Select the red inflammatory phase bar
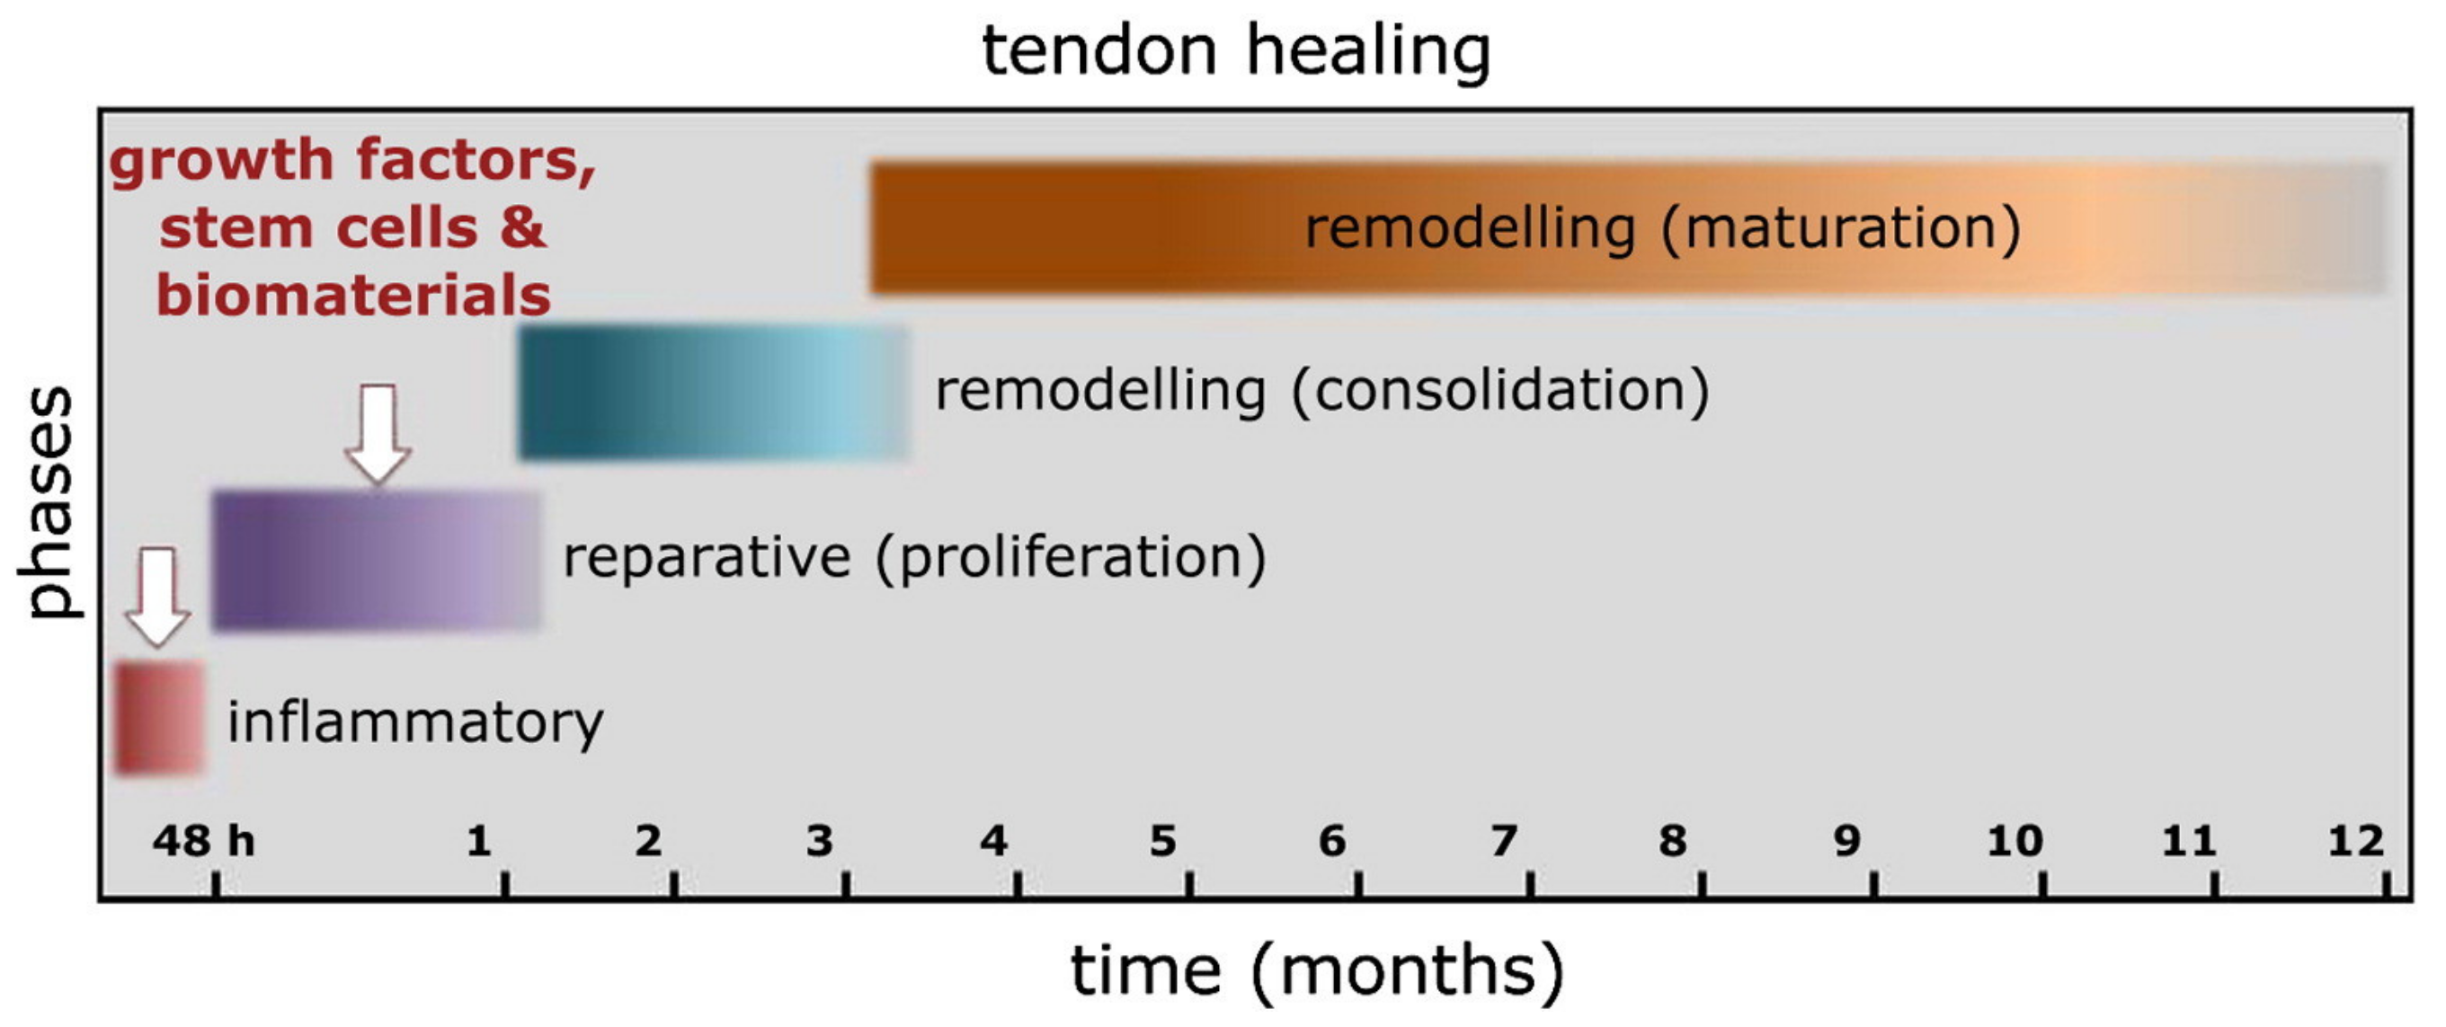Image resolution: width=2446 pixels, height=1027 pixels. tap(159, 718)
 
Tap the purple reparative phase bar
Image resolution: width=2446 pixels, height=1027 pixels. tap(376, 560)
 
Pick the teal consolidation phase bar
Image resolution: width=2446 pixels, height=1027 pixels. tap(712, 392)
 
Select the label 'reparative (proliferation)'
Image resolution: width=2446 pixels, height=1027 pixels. tap(914, 556)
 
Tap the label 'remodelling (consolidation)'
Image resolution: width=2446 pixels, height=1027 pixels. tap(1321, 390)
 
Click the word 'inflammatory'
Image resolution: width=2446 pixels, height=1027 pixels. tap(415, 722)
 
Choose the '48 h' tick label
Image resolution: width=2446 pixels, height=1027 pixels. tap(203, 841)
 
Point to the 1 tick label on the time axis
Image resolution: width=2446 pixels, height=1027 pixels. tap(478, 841)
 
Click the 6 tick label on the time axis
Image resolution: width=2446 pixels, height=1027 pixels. tap(1332, 841)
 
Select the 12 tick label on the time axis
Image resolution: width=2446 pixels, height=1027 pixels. tap(2356, 841)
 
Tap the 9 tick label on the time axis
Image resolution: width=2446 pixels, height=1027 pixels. tap(1846, 841)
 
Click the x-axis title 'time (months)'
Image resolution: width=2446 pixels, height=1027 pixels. tap(1317, 971)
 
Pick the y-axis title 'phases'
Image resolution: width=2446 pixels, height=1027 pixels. tap(48, 503)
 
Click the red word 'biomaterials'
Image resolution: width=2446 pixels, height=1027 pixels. tap(353, 296)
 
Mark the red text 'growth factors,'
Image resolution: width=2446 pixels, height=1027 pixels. tap(353, 159)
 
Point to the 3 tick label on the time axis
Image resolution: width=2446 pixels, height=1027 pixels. tap(820, 841)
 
